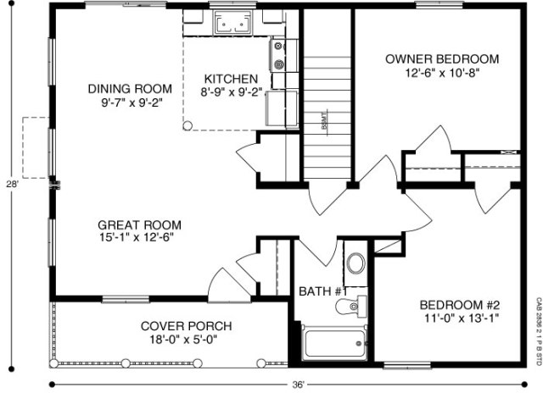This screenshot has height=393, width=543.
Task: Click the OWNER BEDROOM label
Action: (x=442, y=59)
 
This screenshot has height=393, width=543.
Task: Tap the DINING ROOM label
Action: (x=130, y=88)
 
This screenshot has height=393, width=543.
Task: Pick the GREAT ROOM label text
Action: (x=140, y=224)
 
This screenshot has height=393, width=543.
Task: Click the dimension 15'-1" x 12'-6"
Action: (x=140, y=238)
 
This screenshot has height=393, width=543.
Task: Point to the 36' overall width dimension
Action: (x=299, y=384)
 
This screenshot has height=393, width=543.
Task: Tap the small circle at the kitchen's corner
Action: (x=188, y=125)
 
